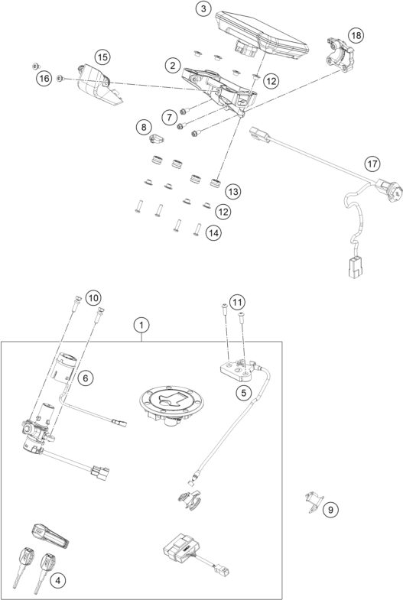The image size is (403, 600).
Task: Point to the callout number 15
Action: coord(102,56)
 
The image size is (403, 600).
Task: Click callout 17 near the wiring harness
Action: coord(371,164)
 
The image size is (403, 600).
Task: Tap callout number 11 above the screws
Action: coord(238,303)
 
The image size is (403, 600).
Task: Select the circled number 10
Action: coord(93,297)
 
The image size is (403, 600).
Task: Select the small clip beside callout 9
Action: coord(312,503)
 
